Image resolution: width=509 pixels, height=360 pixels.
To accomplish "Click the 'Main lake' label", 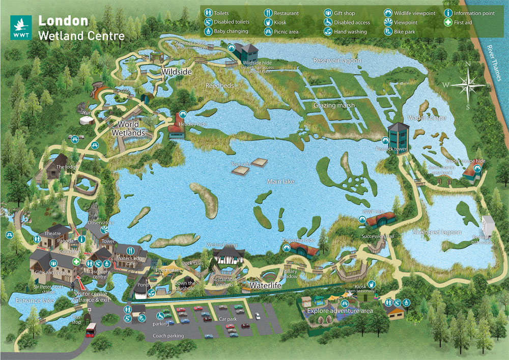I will (x=280, y=181).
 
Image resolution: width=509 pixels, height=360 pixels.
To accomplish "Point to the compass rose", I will (x=468, y=84).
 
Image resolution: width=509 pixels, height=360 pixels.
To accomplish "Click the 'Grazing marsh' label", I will (x=333, y=105).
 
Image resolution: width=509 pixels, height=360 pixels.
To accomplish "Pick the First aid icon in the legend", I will (x=448, y=22).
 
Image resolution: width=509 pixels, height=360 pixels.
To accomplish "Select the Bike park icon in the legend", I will (x=388, y=32).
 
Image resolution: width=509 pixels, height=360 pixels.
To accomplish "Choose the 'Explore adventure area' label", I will (x=340, y=310).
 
